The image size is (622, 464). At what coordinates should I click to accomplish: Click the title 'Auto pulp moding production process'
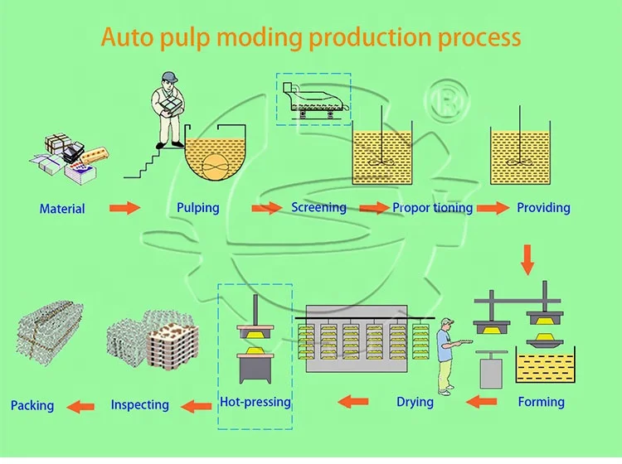[311, 37]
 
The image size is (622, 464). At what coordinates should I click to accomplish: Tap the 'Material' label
[62, 209]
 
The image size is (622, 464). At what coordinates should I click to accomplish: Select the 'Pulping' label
[198, 207]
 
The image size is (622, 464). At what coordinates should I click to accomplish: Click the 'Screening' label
[318, 206]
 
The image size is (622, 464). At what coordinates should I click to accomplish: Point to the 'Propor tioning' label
[433, 207]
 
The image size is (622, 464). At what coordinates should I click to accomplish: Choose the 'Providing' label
[543, 206]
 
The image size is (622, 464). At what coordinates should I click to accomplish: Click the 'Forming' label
[541, 402]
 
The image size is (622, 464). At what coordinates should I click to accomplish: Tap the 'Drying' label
[415, 402]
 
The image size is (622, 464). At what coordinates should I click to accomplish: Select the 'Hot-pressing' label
[255, 403]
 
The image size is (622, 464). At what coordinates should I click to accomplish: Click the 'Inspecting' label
[139, 405]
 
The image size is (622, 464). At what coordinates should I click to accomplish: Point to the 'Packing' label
[32, 406]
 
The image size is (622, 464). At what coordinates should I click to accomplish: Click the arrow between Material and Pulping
[125, 208]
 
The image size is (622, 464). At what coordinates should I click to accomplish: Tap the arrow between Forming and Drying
[483, 403]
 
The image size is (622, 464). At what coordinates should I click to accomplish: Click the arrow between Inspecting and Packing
[80, 406]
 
